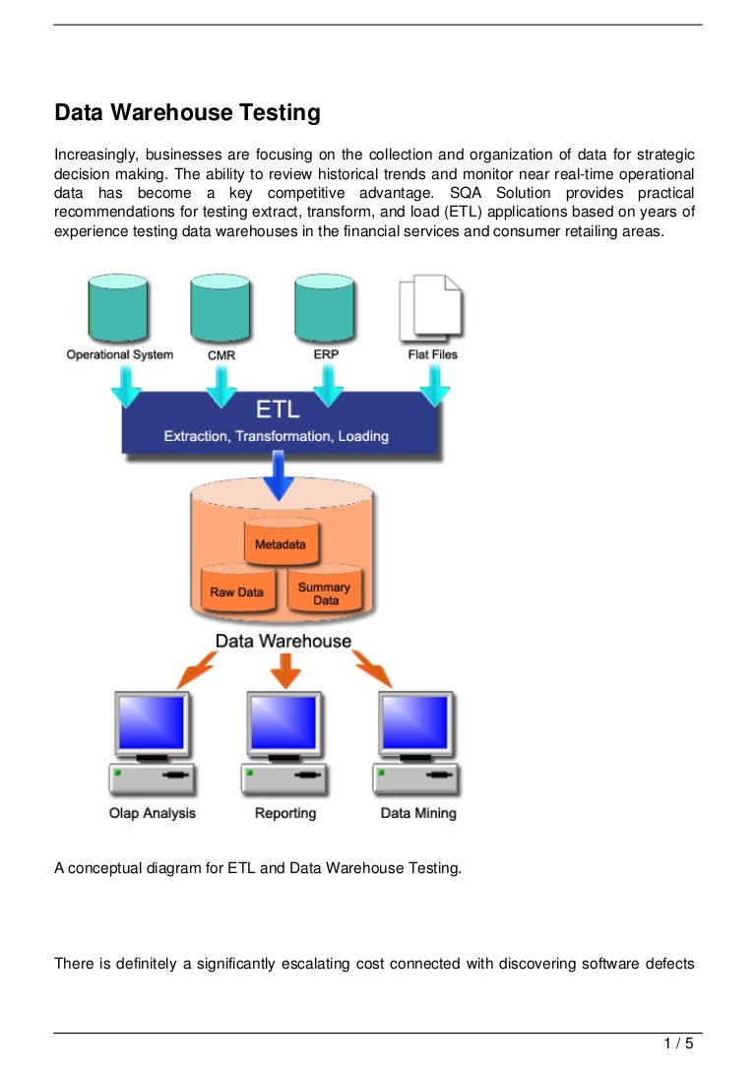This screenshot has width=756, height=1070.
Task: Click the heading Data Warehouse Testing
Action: point(187,113)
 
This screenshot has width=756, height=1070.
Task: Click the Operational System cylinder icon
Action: point(118,306)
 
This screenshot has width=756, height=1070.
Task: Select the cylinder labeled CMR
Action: point(221,306)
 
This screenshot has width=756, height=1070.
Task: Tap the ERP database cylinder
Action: point(325,306)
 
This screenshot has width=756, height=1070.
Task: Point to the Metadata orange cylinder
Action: point(281,541)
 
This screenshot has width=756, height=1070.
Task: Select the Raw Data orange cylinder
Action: point(236,591)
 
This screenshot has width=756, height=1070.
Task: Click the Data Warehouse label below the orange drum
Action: point(283,641)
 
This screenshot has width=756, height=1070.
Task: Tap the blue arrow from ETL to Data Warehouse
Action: point(282,472)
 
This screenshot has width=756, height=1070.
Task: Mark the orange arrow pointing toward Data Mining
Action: point(375,672)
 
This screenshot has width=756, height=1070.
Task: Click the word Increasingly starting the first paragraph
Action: point(96,156)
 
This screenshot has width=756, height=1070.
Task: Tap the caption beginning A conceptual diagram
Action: point(257,869)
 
